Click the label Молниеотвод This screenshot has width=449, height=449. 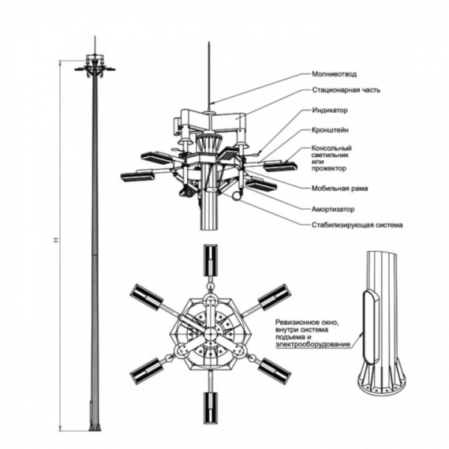coord(335,74)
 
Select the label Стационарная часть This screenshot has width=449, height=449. coord(346,91)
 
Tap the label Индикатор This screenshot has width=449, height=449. coord(330,110)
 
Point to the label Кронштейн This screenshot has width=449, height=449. coord(332,129)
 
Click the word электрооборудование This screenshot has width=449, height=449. coord(311,345)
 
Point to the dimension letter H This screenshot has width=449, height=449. coord(57,241)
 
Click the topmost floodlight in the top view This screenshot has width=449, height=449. coord(212,260)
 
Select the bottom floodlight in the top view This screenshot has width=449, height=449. coord(212,404)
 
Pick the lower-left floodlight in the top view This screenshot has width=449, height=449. coord(149,368)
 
